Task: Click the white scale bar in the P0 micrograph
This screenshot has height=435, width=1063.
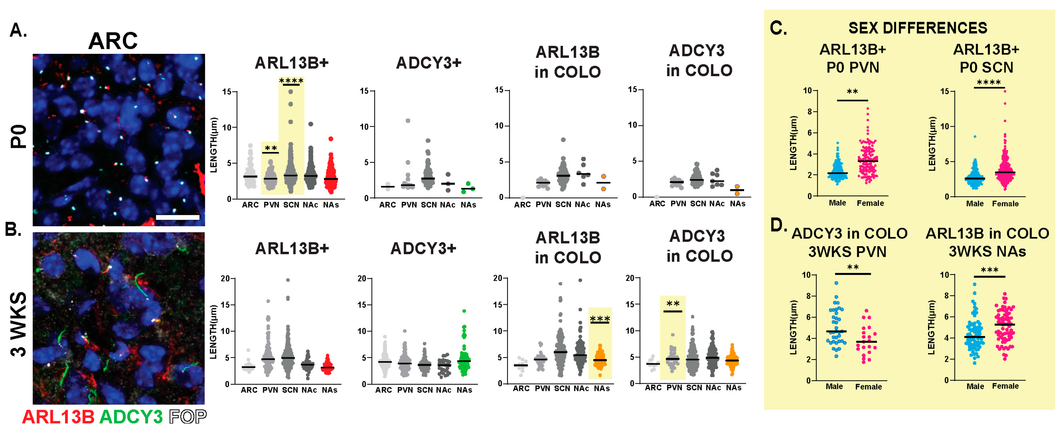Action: tap(178, 217)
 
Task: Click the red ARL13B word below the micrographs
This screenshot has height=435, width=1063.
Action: tap(58, 417)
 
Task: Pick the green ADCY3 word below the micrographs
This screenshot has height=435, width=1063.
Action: tap(131, 417)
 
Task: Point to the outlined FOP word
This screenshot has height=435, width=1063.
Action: tap(188, 417)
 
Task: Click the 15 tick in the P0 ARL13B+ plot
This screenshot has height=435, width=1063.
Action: tap(227, 92)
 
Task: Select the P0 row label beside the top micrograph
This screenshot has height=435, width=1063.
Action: tap(19, 136)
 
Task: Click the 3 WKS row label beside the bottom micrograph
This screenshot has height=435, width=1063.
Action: tap(19, 324)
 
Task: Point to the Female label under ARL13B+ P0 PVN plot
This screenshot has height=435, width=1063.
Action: tap(870, 203)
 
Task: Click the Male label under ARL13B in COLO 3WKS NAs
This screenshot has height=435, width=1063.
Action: tap(975, 386)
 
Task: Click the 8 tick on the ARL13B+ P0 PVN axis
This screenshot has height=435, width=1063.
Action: tap(809, 111)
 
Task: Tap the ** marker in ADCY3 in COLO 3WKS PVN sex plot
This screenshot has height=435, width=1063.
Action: tap(853, 267)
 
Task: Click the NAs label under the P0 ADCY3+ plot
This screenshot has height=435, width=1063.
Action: tap(468, 205)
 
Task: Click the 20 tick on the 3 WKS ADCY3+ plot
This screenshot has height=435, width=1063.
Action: tap(362, 279)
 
